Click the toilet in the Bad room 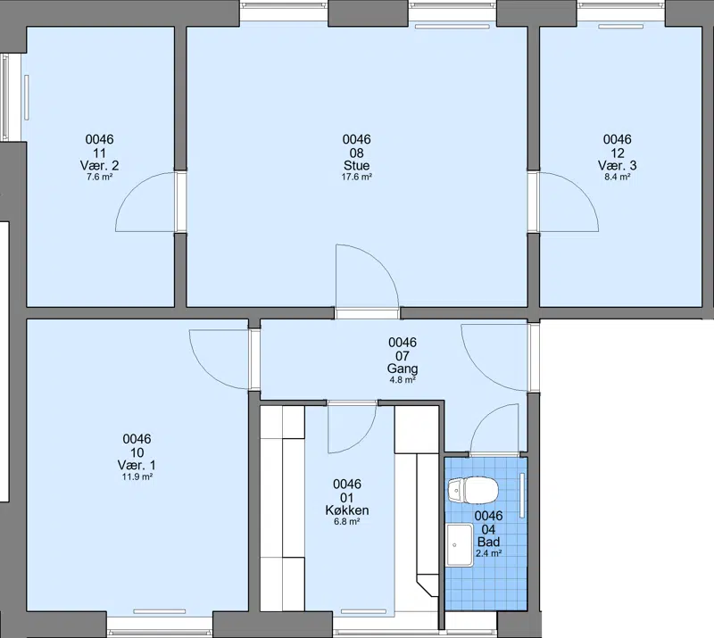click(473, 491)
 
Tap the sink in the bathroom click(460, 544)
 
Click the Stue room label click(356, 165)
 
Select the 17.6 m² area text click(356, 178)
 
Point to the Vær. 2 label click(99, 165)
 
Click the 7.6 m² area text click(99, 178)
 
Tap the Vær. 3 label click(617, 165)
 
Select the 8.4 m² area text click(617, 178)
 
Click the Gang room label click(403, 369)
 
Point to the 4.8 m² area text click(403, 380)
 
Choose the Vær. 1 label click(137, 466)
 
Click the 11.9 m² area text click(137, 477)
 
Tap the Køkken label click(347, 510)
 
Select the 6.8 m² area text click(347, 522)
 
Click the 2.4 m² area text click(488, 554)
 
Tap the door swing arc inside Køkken click(362, 436)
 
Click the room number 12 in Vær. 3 click(617, 153)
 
